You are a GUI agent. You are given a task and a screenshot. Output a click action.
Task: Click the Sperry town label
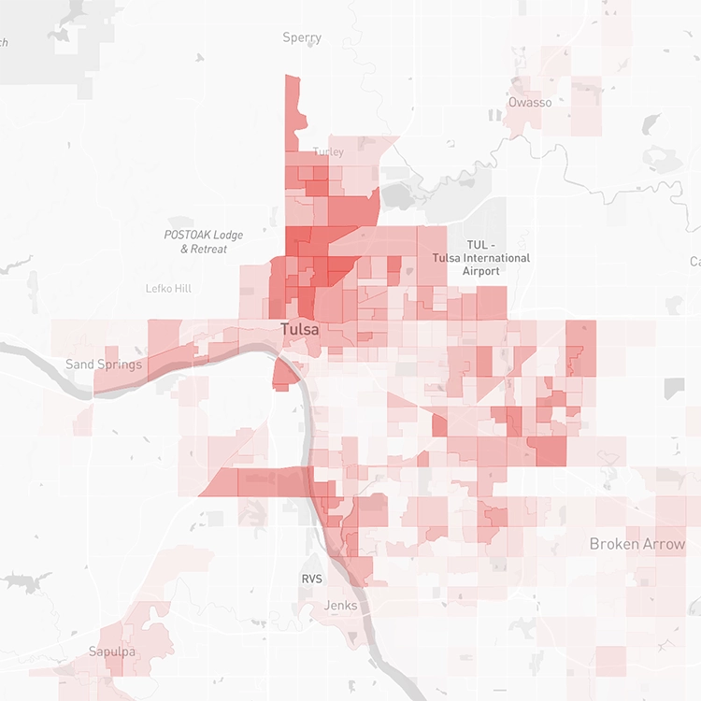click(x=302, y=37)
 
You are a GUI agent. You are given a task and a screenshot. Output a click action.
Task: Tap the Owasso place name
click(x=530, y=102)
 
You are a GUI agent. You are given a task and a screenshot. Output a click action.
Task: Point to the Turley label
click(x=329, y=151)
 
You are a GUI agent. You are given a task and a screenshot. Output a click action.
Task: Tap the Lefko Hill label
click(x=168, y=289)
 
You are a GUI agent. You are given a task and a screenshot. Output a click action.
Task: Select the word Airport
click(x=481, y=271)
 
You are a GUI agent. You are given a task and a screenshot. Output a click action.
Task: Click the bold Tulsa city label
click(x=300, y=329)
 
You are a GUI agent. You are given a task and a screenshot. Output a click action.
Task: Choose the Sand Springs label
click(x=103, y=364)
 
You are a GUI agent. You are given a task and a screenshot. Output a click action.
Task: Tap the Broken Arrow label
click(x=637, y=544)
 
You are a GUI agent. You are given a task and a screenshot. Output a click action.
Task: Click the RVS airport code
click(x=311, y=579)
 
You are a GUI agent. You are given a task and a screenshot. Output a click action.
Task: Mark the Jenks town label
click(x=340, y=606)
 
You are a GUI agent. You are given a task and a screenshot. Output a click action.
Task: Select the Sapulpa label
click(x=112, y=651)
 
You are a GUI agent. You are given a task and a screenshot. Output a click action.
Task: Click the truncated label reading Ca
click(x=695, y=261)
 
